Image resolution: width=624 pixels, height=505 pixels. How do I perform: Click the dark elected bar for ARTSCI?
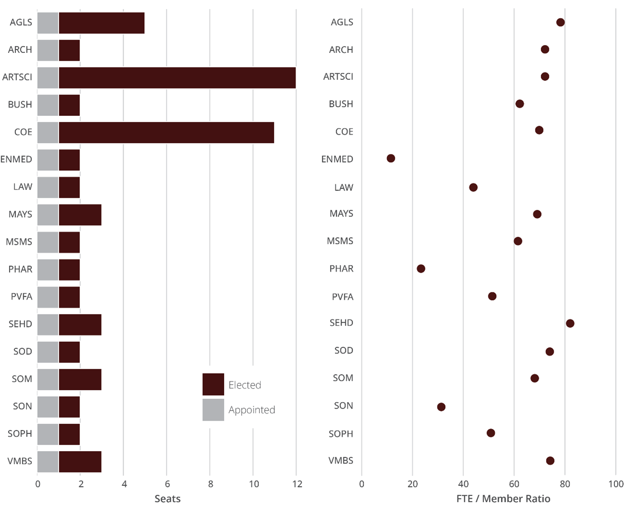coord(177,78)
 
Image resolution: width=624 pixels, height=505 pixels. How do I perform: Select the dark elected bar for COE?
coord(166,133)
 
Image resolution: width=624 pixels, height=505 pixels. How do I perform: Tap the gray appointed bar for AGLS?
coord(48,23)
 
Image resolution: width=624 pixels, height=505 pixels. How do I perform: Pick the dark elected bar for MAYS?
coord(80,215)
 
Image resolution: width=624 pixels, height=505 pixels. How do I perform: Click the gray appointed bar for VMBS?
coord(48,462)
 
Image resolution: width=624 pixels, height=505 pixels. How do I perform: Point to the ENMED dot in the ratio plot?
coord(391,158)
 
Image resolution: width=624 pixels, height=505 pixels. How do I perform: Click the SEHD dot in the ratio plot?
coord(570,323)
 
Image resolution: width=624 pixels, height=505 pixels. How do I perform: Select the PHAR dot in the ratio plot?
coord(421,268)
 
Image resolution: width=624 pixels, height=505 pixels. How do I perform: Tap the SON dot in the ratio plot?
coord(441,407)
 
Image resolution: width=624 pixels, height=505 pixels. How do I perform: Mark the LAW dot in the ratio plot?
coord(473,187)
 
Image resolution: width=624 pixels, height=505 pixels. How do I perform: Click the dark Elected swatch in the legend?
coord(213,384)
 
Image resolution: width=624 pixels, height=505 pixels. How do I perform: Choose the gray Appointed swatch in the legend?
coord(213,410)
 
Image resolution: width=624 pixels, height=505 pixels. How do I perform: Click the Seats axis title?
coord(167,499)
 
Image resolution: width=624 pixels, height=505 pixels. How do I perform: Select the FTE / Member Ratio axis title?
coord(503,499)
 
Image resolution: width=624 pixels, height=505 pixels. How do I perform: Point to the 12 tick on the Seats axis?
coord(297,484)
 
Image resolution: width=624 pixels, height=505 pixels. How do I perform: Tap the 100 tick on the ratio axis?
coord(616,484)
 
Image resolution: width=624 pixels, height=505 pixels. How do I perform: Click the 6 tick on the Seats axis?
coord(167,484)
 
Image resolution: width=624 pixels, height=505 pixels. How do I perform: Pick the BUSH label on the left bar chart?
coord(20,104)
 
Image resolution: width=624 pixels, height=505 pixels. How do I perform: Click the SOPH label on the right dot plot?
coord(341,434)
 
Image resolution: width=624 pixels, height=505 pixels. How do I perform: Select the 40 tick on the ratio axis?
coord(463,484)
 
